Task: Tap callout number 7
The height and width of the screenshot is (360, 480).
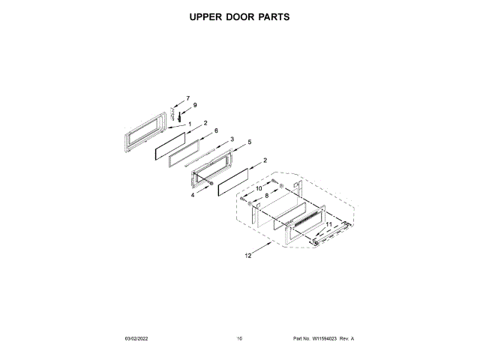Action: pyautogui.click(x=188, y=98)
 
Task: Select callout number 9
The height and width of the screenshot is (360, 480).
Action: pyautogui.click(x=194, y=106)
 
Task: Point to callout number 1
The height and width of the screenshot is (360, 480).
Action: pyautogui.click(x=190, y=124)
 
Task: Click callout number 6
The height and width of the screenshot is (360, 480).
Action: pyautogui.click(x=216, y=130)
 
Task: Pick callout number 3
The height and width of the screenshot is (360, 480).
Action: pyautogui.click(x=232, y=139)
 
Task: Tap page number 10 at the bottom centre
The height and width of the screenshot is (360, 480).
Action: pyautogui.click(x=239, y=339)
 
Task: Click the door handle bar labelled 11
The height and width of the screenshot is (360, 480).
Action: pyautogui.click(x=330, y=234)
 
